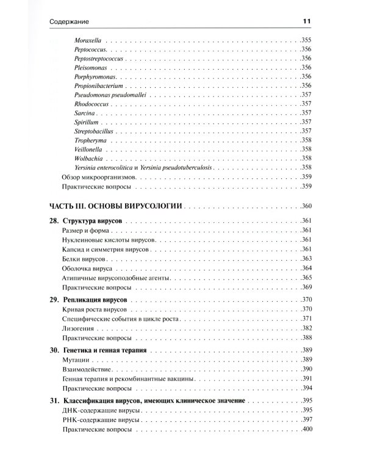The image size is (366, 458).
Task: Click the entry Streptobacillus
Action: [x=95, y=131]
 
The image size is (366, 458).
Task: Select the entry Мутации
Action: [x=76, y=360]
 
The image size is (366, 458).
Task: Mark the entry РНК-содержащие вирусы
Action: [x=101, y=421]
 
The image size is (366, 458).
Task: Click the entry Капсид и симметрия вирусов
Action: [x=106, y=249]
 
